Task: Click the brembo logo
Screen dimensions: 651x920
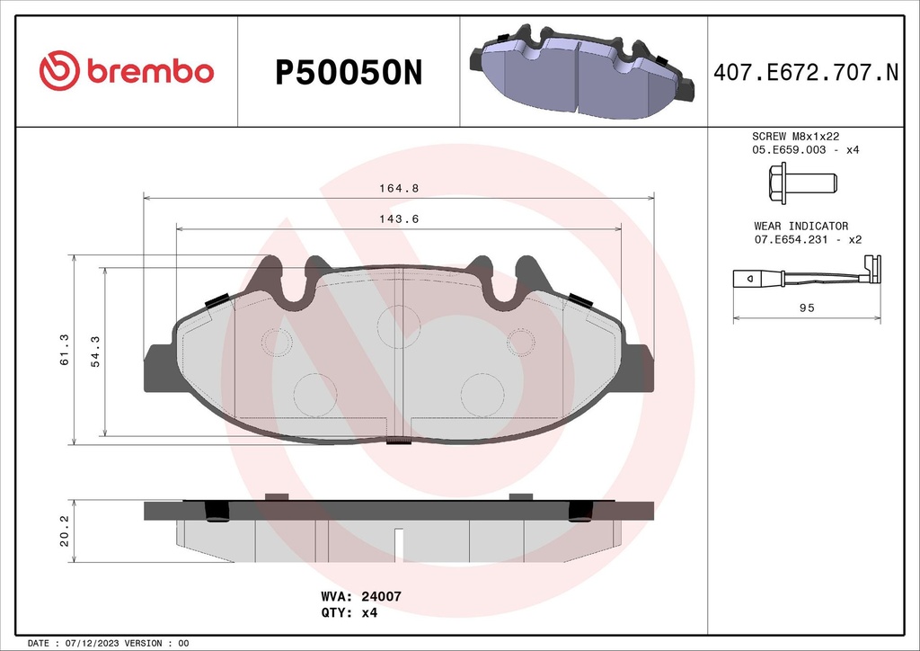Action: (x=127, y=72)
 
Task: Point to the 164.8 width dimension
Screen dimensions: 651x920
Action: (x=399, y=189)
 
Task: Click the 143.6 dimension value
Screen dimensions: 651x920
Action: (x=399, y=219)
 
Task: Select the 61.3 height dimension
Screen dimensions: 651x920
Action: (x=62, y=349)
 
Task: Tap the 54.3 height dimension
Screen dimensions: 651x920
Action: (x=94, y=349)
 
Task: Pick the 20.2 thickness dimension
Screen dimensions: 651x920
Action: (x=63, y=531)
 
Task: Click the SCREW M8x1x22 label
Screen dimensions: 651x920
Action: (x=795, y=135)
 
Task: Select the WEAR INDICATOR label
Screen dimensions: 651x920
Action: (x=801, y=226)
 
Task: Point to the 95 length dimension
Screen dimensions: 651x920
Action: (x=806, y=308)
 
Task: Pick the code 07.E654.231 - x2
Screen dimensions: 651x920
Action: (x=808, y=240)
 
